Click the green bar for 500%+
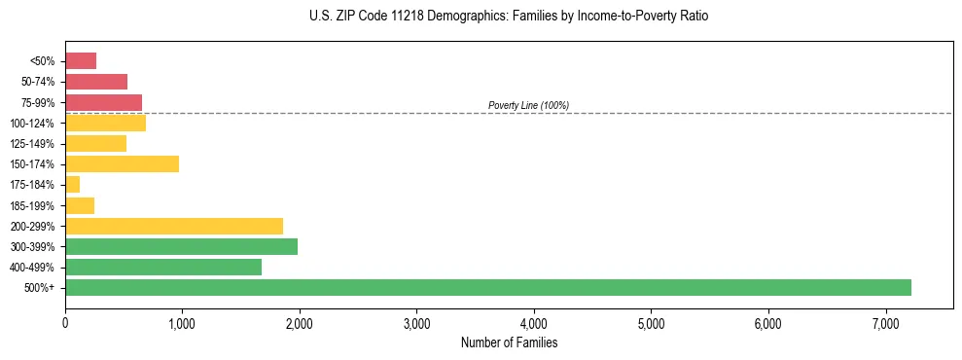click(x=487, y=287)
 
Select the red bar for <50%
click(x=81, y=60)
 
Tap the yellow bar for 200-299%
click(x=174, y=226)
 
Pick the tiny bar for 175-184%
click(x=73, y=184)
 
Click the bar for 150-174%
click(x=122, y=163)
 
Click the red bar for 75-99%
click(x=103, y=102)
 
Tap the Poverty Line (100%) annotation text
click(x=528, y=105)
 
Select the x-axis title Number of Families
click(x=509, y=342)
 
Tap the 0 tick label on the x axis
click(x=65, y=323)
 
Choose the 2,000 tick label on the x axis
click(x=300, y=323)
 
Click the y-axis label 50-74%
click(x=39, y=82)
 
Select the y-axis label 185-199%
click(x=36, y=205)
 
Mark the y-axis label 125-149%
click(x=36, y=143)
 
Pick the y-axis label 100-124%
click(x=36, y=123)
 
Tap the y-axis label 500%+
click(x=42, y=288)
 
